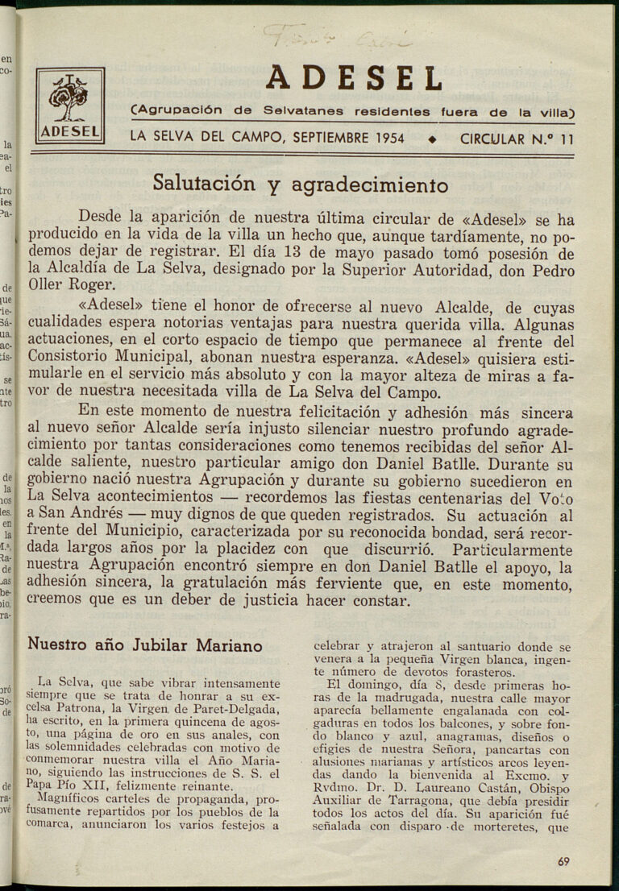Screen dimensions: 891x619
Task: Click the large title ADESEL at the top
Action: coord(354,79)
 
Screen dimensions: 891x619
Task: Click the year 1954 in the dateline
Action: coord(389,138)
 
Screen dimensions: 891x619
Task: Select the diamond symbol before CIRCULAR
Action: coord(433,139)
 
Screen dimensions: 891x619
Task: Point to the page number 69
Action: coord(563,861)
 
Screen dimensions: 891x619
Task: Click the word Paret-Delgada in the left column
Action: coord(240,709)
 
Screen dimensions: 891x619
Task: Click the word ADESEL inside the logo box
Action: coord(69,131)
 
